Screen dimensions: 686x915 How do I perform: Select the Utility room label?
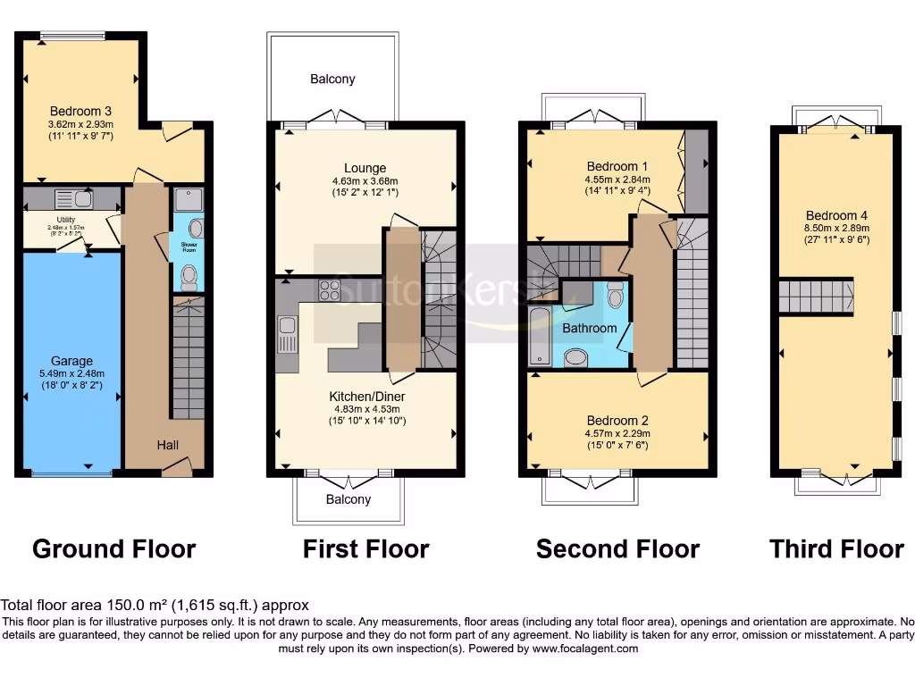click(66, 220)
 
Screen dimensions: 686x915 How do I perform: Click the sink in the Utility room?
click(73, 198)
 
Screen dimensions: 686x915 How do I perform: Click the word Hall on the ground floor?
click(168, 444)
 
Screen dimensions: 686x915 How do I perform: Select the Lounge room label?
click(365, 167)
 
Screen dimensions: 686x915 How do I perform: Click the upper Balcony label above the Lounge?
click(332, 79)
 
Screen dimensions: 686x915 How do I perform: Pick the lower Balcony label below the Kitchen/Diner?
click(348, 499)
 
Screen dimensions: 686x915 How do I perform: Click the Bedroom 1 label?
click(617, 166)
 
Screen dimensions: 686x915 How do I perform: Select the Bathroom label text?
click(590, 328)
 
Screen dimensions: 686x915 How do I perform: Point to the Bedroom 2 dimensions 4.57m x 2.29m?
click(617, 433)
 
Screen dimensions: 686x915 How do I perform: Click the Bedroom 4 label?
click(836, 215)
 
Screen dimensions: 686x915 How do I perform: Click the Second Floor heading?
click(617, 548)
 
